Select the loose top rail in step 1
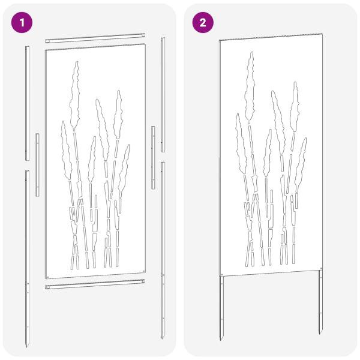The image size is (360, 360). click(96, 40)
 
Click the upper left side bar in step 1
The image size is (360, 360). click(26, 102)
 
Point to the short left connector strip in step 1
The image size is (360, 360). click(37, 165)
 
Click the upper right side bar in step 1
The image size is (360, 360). click(163, 96)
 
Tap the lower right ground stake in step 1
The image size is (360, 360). click(163, 249)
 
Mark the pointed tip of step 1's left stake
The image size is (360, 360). click(27, 346)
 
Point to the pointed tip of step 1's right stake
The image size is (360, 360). click(163, 340)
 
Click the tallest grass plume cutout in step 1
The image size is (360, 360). click(76, 96)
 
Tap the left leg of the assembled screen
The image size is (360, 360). click(221, 306)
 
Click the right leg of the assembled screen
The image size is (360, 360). click(320, 303)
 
